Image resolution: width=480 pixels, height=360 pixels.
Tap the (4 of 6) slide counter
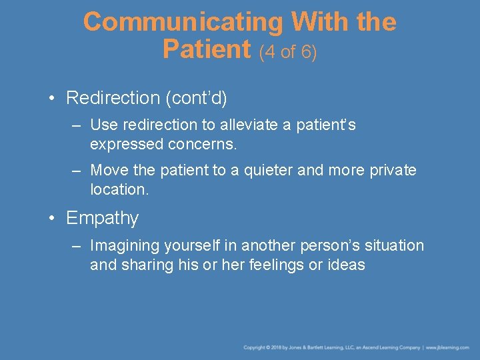click(x=288, y=51)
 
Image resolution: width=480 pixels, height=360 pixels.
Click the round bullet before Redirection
click(x=51, y=98)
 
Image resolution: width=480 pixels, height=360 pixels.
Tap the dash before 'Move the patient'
click(x=77, y=171)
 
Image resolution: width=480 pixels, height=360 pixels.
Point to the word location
click(x=118, y=189)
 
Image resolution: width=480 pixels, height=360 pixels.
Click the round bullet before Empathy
click(x=51, y=219)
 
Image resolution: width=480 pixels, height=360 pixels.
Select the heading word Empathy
click(x=102, y=219)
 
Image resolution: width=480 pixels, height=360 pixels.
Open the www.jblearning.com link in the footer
click(x=447, y=347)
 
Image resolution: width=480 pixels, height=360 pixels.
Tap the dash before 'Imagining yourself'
click(x=77, y=246)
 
